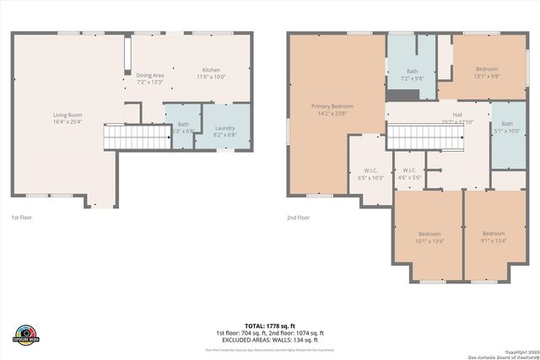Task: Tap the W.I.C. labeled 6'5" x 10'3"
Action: [x=371, y=174]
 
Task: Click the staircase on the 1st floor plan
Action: [x=126, y=136]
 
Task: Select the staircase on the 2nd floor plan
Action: [x=425, y=137]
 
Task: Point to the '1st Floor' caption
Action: [x=22, y=218]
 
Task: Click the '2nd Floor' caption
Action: [x=298, y=218]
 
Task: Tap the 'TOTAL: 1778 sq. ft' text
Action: [x=270, y=325]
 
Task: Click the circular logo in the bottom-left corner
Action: [x=26, y=334]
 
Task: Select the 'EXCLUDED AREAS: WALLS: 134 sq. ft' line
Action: [x=270, y=339]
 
